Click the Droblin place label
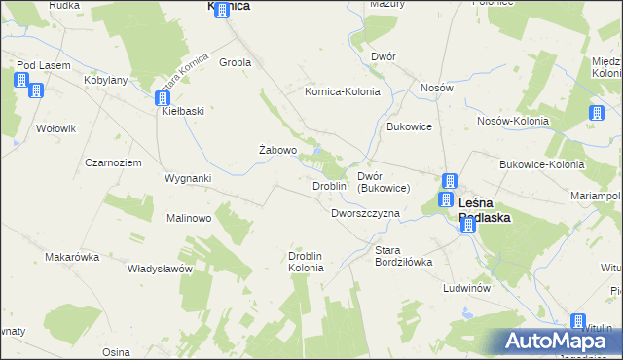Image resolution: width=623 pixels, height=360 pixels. [x=329, y=186]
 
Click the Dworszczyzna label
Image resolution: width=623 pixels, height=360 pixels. [x=365, y=213]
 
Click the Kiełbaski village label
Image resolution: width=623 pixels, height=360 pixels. [x=182, y=111]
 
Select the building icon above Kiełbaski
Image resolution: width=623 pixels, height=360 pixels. [x=162, y=97]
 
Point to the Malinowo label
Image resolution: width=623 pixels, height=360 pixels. [x=189, y=218]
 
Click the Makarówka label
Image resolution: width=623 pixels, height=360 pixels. [x=73, y=258]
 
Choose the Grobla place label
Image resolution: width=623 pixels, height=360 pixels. [x=236, y=62]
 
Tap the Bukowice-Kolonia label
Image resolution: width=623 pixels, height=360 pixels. [x=541, y=165]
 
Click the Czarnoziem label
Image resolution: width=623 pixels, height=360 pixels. [x=114, y=162]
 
